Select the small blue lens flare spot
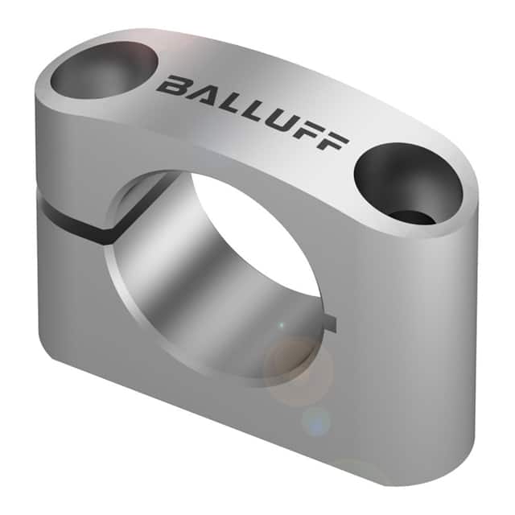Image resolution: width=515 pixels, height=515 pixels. tap(315, 419)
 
